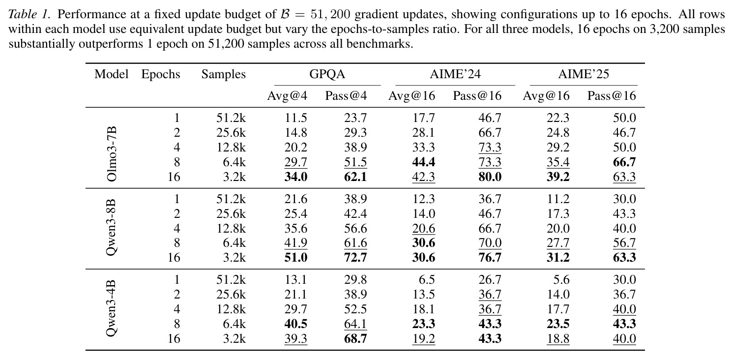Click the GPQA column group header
(x=327, y=74)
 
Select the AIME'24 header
(x=455, y=74)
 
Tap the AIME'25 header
(x=584, y=74)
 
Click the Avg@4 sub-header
(x=287, y=95)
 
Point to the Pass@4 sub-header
(x=346, y=95)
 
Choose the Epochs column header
(x=161, y=74)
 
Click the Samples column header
(x=224, y=74)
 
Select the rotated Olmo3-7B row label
(x=112, y=154)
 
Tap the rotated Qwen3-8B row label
(x=112, y=227)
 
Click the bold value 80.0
(x=490, y=177)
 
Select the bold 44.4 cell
(x=424, y=162)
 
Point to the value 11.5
(x=296, y=118)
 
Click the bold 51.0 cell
(x=296, y=258)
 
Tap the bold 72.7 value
(x=355, y=258)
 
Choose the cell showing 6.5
(x=427, y=280)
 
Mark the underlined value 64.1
(x=355, y=324)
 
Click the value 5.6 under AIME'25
(x=561, y=280)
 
